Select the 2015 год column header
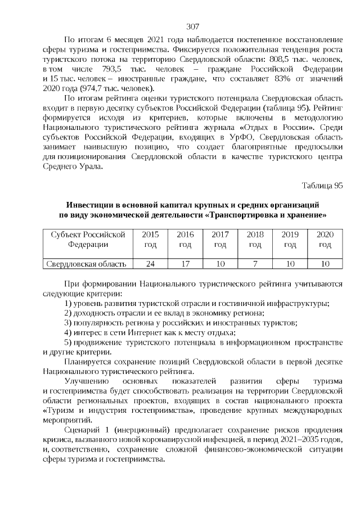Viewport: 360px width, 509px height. [x=150, y=239]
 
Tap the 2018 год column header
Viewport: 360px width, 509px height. [x=255, y=239]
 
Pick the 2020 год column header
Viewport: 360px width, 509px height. [x=325, y=239]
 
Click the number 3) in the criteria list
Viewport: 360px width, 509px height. [x=68, y=323]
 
